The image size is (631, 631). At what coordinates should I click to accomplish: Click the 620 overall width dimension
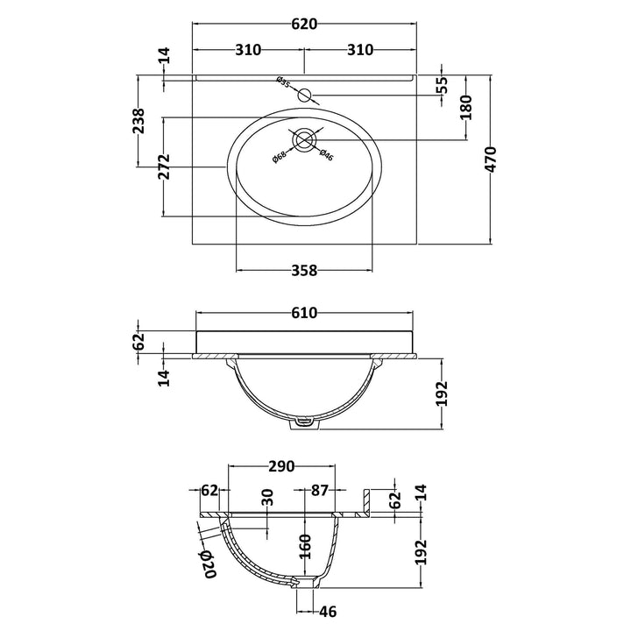click(304, 25)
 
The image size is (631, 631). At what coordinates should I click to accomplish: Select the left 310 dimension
click(248, 50)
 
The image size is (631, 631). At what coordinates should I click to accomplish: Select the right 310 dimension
click(360, 50)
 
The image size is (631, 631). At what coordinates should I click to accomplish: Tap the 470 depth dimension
click(491, 160)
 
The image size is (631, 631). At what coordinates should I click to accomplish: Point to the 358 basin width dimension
click(304, 271)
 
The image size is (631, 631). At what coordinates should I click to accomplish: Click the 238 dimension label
click(138, 121)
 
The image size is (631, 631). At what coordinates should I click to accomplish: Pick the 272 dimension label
click(164, 167)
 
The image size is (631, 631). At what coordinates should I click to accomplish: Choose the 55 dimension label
click(442, 84)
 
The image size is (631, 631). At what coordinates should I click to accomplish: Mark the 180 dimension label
click(465, 108)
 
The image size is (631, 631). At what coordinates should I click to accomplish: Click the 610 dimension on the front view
click(304, 313)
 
